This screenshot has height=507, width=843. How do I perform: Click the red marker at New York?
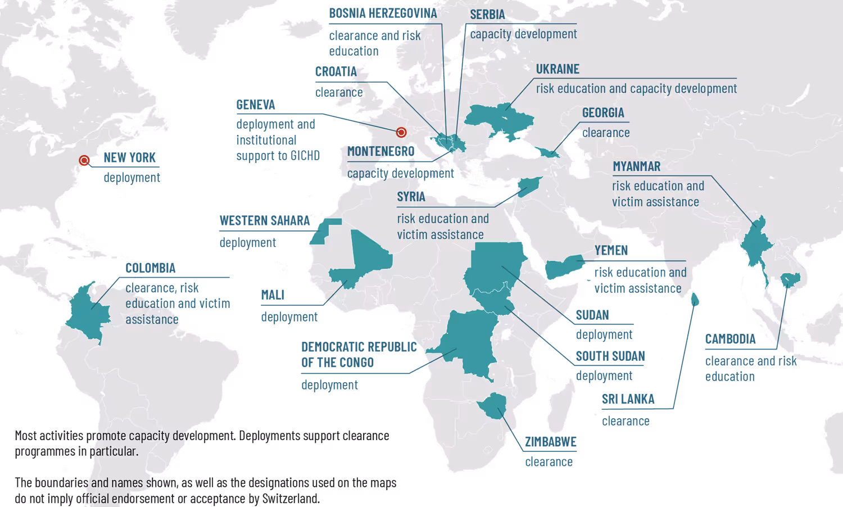pyautogui.click(x=84, y=161)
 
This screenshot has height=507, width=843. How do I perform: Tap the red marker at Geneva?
pyautogui.click(x=401, y=133)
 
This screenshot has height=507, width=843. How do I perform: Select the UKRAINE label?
pyautogui.click(x=557, y=69)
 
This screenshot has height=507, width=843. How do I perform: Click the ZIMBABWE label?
pyautogui.click(x=550, y=442)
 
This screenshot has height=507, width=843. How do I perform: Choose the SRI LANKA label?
pyautogui.click(x=628, y=400)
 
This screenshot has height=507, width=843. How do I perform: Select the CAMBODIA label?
pyautogui.click(x=730, y=339)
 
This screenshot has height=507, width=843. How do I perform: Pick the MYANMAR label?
pyautogui.click(x=636, y=167)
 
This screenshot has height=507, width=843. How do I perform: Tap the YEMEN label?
pyautogui.click(x=611, y=250)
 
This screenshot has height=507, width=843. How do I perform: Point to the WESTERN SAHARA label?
pyautogui.click(x=264, y=221)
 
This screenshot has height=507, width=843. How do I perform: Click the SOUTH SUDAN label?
pyautogui.click(x=610, y=356)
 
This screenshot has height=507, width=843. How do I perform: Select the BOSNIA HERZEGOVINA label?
pyautogui.click(x=382, y=13)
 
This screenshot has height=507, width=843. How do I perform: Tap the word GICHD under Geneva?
pyautogui.click(x=305, y=156)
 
